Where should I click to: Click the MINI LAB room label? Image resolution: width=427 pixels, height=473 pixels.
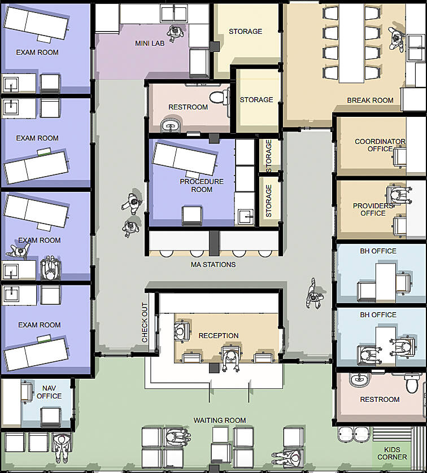(x=150, y=43)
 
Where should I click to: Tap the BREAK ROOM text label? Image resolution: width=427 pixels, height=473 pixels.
(x=370, y=100)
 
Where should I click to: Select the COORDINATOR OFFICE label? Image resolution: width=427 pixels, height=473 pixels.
(x=380, y=145)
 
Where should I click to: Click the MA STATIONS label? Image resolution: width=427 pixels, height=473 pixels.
(x=213, y=264)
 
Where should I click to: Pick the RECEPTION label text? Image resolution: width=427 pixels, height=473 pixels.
(x=219, y=336)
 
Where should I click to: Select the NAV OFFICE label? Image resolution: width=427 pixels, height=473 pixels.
(x=49, y=392)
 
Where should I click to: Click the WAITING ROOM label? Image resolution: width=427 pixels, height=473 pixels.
(x=220, y=420)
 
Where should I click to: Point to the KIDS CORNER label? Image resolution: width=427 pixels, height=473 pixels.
(x=392, y=453)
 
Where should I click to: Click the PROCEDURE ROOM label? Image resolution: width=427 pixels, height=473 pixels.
(x=202, y=186)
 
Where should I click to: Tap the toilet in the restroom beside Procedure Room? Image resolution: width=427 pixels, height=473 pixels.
(x=217, y=97)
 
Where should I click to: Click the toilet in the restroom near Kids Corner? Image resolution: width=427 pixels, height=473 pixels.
(x=411, y=384)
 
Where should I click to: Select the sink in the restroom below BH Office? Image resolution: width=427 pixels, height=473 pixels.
(x=360, y=380)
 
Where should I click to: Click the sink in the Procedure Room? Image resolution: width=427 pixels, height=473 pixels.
(x=245, y=216)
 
